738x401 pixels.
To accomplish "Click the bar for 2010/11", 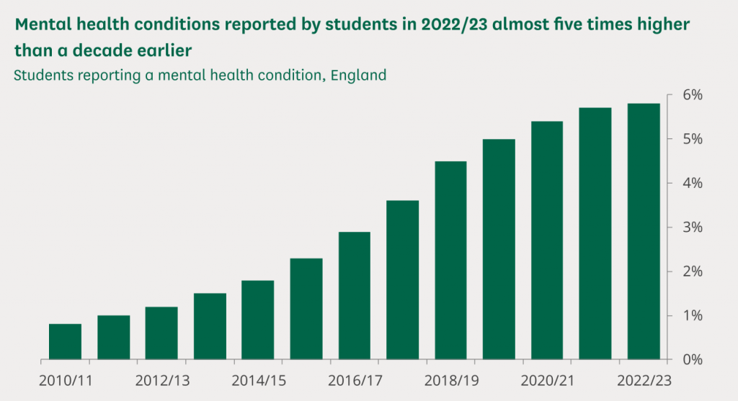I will pyautogui.click(x=65, y=341).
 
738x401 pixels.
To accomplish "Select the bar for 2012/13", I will pyautogui.click(x=161, y=333).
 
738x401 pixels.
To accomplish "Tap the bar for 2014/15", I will pyautogui.click(x=257, y=320).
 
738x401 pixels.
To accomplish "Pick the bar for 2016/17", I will pyautogui.click(x=354, y=295).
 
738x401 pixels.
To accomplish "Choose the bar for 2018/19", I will pyautogui.click(x=450, y=260).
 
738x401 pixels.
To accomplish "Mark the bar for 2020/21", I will pyautogui.click(x=547, y=240).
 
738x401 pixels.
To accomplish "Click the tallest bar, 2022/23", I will pyautogui.click(x=644, y=231).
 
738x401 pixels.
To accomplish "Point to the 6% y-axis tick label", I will pyautogui.click(x=693, y=95).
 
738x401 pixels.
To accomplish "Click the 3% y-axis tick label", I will pyautogui.click(x=693, y=227).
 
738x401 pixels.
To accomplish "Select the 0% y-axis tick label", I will pyautogui.click(x=693, y=359).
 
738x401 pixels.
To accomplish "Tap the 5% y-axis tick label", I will pyautogui.click(x=693, y=139).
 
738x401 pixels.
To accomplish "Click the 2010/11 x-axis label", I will pyautogui.click(x=66, y=379).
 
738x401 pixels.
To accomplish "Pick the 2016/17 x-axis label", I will pyautogui.click(x=355, y=379).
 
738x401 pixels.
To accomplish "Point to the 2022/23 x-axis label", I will pyautogui.click(x=644, y=379).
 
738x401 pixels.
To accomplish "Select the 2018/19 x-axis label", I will pyautogui.click(x=451, y=379).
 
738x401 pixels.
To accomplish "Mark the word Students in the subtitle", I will pyautogui.click(x=42, y=74).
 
